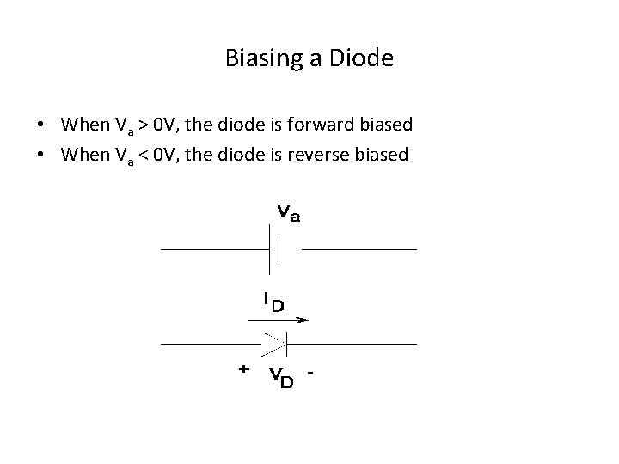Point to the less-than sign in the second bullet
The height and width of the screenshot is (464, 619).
tap(146, 156)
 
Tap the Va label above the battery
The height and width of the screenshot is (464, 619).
tap(289, 212)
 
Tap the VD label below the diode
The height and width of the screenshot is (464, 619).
tap(280, 375)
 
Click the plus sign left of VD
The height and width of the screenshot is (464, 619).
tap(243, 369)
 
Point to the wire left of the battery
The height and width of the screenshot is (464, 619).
tap(215, 249)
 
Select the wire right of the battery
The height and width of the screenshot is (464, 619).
tap(359, 249)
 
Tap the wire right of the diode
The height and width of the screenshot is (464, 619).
tap(352, 345)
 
